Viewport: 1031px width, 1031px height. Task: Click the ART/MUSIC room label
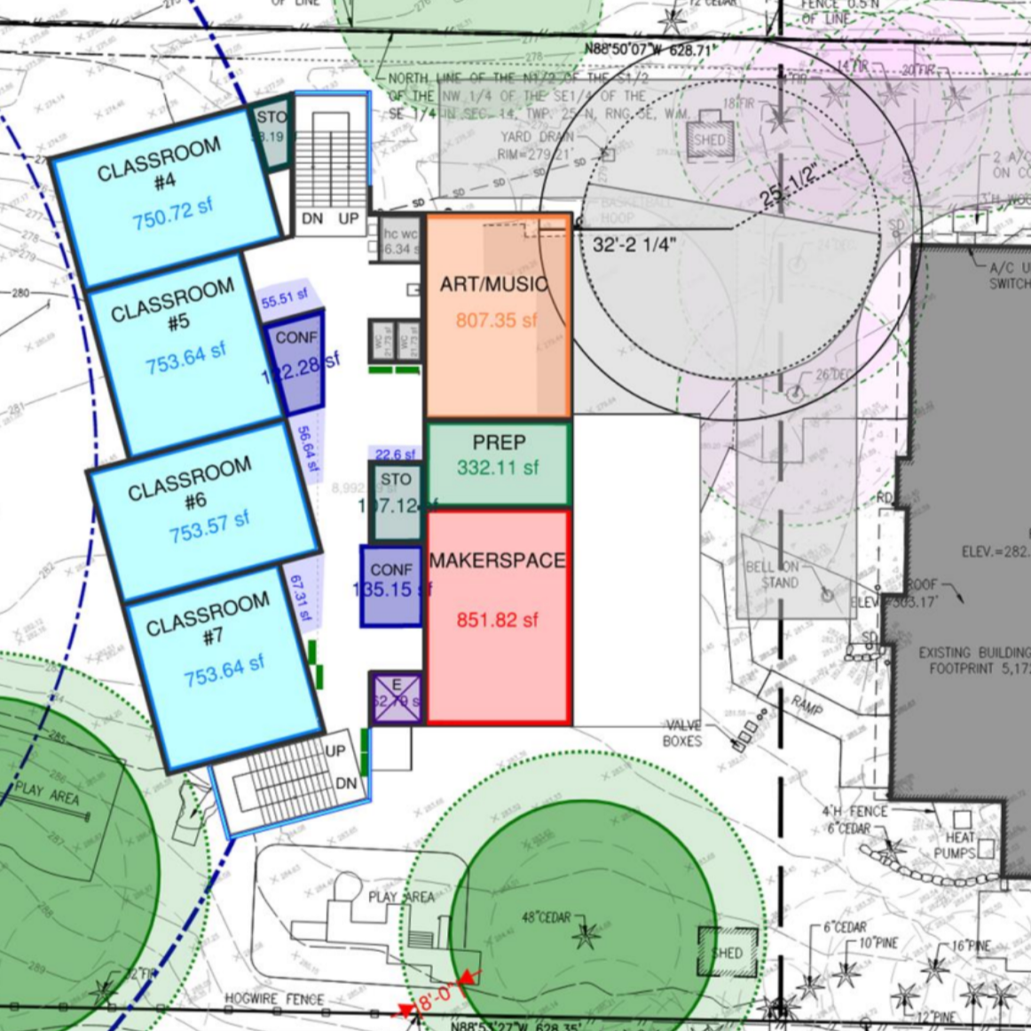(x=494, y=285)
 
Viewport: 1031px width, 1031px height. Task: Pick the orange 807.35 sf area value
(x=497, y=319)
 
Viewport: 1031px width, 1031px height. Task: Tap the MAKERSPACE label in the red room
(x=498, y=561)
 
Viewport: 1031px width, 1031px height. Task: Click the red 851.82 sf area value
(x=497, y=620)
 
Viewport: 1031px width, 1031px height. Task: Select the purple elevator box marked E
(x=396, y=697)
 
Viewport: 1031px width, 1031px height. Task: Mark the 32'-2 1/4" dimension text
(x=633, y=245)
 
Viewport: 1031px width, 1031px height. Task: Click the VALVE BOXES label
(x=682, y=733)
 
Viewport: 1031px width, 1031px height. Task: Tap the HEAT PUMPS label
(x=954, y=846)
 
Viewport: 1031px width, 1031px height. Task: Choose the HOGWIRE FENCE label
(x=274, y=999)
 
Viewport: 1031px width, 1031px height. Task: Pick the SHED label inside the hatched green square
(x=727, y=953)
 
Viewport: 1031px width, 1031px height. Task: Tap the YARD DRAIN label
(x=528, y=137)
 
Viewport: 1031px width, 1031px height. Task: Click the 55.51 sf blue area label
(x=284, y=299)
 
